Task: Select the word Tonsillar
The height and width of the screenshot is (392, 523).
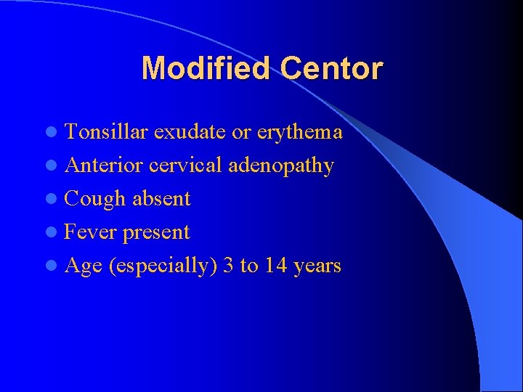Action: [107, 132]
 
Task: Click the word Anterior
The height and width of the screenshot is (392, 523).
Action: [104, 166]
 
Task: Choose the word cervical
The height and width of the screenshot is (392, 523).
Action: [186, 166]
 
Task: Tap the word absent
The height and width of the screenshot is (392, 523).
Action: [161, 199]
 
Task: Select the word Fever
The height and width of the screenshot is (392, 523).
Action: [91, 232]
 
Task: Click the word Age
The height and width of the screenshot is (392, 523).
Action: [83, 266]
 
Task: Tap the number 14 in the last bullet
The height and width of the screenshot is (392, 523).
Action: [275, 266]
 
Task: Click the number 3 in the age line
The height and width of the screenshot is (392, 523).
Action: [229, 266]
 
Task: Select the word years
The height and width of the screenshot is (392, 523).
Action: [317, 266]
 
